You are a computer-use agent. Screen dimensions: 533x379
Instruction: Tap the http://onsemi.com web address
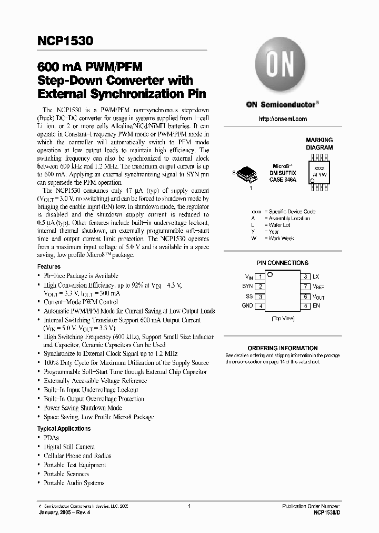point(282,120)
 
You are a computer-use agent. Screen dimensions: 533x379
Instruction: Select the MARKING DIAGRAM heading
point(319,144)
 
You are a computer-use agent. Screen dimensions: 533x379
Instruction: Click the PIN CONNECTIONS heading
point(282,263)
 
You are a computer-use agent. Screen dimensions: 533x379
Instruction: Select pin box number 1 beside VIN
point(260,277)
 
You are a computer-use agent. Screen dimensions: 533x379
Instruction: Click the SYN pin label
point(247,287)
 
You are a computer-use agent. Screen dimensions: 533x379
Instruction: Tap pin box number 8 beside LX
point(305,277)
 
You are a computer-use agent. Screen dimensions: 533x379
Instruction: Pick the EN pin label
point(316,305)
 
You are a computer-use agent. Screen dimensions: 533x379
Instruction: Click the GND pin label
point(247,305)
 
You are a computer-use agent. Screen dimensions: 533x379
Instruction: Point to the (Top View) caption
point(283,319)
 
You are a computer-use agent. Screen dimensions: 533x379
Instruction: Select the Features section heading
point(48,267)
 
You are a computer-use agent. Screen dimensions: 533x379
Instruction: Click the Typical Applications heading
point(64,429)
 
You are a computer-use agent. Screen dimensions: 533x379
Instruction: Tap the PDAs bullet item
point(51,438)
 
